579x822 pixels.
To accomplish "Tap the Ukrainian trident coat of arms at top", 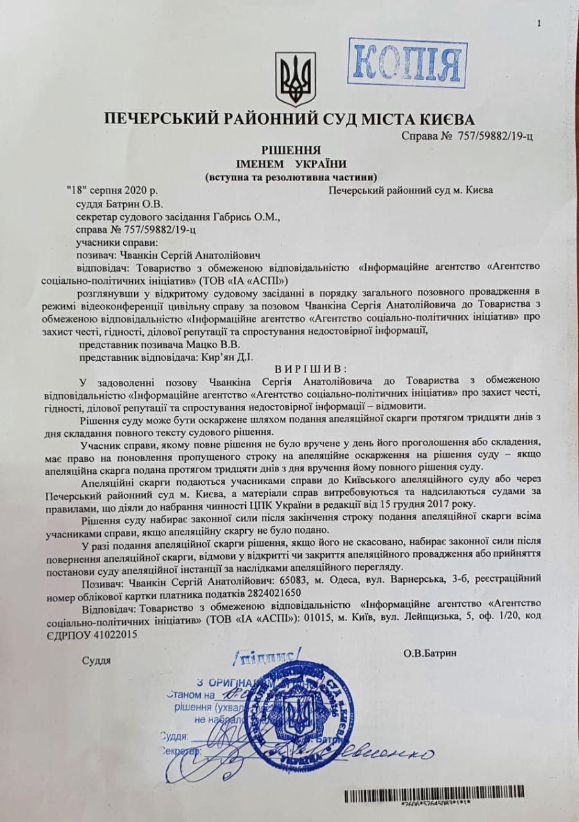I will coord(295,79).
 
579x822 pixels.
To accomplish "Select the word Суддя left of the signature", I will coord(96,660).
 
